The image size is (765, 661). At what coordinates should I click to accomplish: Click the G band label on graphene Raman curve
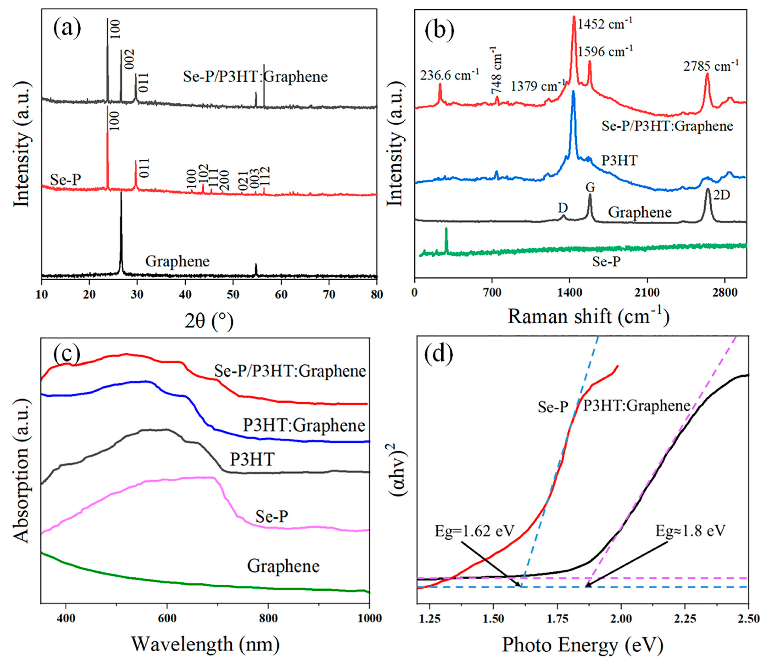tap(590, 188)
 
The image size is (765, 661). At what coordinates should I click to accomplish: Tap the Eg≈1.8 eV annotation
tap(690, 531)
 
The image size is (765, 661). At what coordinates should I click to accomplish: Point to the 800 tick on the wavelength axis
tap(268, 618)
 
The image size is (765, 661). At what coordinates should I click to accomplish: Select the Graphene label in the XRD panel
tap(177, 261)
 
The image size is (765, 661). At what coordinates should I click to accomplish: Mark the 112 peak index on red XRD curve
tap(265, 176)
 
